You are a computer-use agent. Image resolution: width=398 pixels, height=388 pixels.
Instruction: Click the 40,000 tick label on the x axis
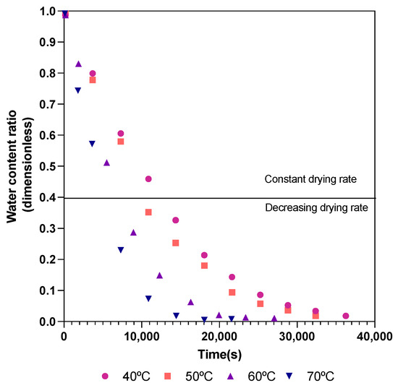pyautogui.click(x=374, y=335)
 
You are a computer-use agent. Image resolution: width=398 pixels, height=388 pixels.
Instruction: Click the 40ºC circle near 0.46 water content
pyautogui.click(x=148, y=179)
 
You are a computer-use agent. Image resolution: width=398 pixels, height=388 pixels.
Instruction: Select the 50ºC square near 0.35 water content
pyautogui.click(x=148, y=212)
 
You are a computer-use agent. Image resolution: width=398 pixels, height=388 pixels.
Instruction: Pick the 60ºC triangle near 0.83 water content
pyautogui.click(x=79, y=64)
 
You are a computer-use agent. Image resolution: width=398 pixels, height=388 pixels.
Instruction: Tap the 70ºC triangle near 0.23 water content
pyautogui.click(x=121, y=250)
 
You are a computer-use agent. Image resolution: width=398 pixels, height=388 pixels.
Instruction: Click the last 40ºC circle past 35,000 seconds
pyautogui.click(x=346, y=316)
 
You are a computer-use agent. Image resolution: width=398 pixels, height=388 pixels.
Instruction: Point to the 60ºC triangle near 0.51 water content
pyautogui.click(x=106, y=163)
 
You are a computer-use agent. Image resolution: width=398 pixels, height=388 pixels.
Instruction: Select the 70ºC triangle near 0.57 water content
pyautogui.click(x=92, y=144)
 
